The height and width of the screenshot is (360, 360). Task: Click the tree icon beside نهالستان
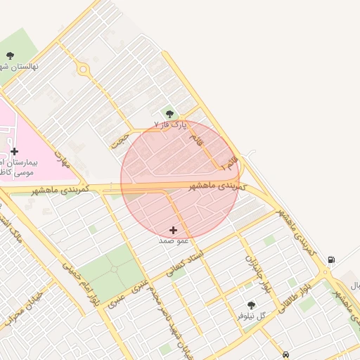coord(10,55)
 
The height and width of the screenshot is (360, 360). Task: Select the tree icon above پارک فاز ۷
coord(169,113)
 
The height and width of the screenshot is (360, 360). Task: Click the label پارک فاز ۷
coord(172,124)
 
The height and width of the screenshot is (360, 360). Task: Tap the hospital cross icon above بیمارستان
coord(14,151)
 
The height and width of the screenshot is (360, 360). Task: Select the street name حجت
coord(120,137)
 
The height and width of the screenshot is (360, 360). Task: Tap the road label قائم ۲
coord(230,165)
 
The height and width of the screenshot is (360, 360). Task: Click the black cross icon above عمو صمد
coord(174,230)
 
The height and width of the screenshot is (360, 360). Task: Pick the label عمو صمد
coord(174,240)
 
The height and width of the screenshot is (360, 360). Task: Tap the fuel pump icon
coord(330,259)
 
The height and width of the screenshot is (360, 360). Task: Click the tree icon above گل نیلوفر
coord(251,305)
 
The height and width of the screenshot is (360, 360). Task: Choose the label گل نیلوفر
coord(253,316)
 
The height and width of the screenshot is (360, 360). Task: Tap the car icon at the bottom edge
coord(285,355)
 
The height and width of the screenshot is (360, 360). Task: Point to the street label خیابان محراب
coord(21,313)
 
